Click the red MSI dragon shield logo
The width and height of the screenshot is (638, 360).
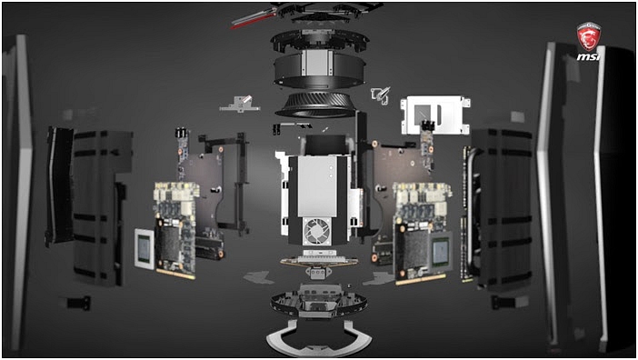point(588,36)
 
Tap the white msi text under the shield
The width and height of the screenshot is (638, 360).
point(588,56)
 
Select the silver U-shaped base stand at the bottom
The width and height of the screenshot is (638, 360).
point(318,336)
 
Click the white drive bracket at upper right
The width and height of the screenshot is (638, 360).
point(435,115)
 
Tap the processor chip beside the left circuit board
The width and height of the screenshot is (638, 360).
point(145,248)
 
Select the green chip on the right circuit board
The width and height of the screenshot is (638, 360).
point(441,252)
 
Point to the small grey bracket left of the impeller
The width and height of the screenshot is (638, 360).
point(240,104)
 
